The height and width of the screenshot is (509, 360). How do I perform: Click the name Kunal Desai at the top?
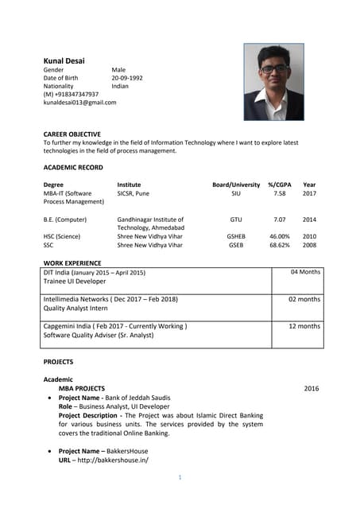64,60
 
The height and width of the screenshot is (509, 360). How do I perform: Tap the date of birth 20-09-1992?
127,78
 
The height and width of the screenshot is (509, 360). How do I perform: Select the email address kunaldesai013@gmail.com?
79,103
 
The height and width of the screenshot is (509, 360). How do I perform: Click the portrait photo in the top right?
273,82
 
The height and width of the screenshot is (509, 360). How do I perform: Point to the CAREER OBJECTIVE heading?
77,134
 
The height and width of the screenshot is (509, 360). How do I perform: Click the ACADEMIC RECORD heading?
73,167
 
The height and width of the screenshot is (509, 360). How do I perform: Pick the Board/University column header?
236,185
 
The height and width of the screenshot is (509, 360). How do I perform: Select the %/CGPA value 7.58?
280,193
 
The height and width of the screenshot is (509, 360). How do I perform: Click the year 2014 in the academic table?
309,219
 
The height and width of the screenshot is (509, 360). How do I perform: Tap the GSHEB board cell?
236,236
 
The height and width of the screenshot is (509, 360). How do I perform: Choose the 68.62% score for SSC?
280,245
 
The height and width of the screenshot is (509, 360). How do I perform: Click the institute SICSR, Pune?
133,193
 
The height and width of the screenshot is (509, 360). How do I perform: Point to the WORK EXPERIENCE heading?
72,263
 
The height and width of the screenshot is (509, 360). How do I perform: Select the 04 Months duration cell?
305,272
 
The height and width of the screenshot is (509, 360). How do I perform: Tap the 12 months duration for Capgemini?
304,326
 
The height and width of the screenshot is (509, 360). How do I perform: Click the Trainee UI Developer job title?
74,282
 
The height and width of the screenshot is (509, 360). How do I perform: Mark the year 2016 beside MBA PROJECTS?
311,388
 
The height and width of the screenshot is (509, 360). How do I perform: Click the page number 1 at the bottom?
180,477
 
